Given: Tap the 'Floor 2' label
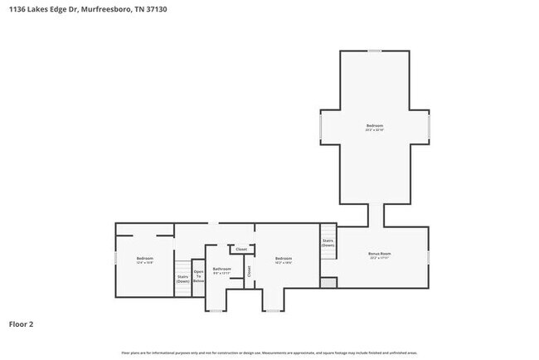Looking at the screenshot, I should [x=22, y=324].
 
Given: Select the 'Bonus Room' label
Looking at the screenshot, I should [x=379, y=255].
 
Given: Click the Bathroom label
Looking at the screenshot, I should [x=221, y=270].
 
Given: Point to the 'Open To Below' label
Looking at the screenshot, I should [x=198, y=276].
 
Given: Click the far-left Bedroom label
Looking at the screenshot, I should [x=145, y=260].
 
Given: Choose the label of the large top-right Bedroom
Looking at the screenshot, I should [x=375, y=128].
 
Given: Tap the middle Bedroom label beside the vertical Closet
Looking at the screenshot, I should [x=284, y=259].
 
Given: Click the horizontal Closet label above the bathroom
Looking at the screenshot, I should [x=241, y=249].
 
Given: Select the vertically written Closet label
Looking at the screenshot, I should [x=249, y=270].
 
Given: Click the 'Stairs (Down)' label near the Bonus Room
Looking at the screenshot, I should [x=328, y=243].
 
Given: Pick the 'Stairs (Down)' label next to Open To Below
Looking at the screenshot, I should [x=182, y=279].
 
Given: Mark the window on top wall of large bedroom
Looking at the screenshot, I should [x=375, y=51].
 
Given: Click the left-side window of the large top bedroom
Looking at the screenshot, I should [x=321, y=128].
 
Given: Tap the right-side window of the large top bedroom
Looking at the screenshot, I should [x=429, y=128].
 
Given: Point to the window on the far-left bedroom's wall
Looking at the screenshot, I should [x=115, y=260].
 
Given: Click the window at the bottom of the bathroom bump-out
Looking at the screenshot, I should [x=216, y=310].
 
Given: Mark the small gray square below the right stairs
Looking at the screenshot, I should [x=328, y=283].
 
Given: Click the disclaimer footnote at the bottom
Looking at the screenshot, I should [x=269, y=352].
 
